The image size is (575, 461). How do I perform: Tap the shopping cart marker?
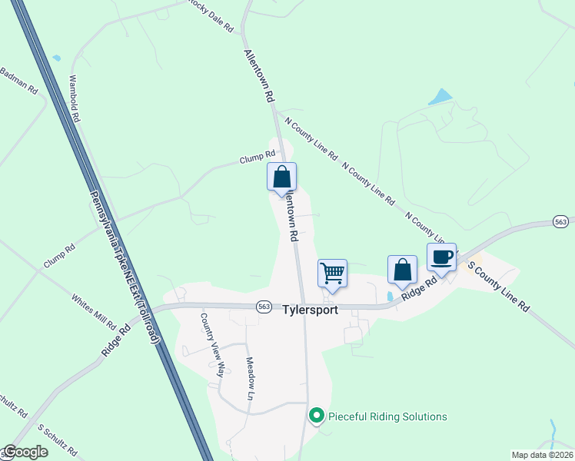pyautogui.click(x=332, y=273)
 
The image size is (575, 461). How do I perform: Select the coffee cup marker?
pyautogui.click(x=441, y=257)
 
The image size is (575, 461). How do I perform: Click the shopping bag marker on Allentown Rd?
pyautogui.click(x=281, y=177)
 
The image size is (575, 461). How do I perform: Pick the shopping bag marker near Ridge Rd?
pyautogui.click(x=402, y=270)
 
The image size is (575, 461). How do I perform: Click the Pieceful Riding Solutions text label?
pyautogui.click(x=387, y=416)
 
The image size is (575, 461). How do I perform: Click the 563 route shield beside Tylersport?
pyautogui.click(x=264, y=306)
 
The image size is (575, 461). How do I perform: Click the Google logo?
pyautogui.click(x=25, y=452)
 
